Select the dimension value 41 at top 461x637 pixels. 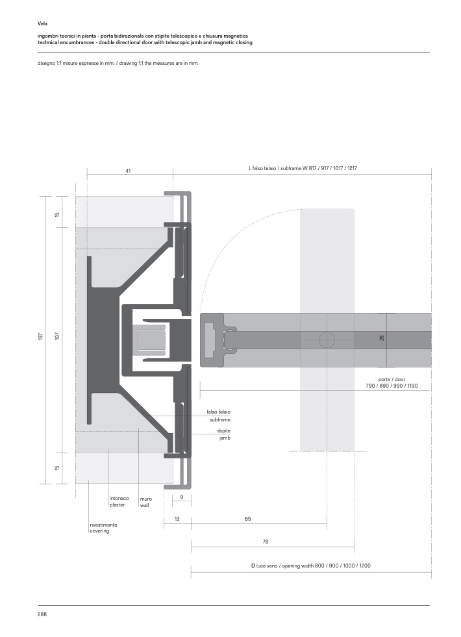click(x=128, y=170)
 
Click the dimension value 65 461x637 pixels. click(x=248, y=519)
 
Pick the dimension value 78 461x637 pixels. click(x=265, y=541)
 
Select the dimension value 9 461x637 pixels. click(x=182, y=497)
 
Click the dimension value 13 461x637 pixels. click(x=177, y=519)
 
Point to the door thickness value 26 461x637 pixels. click(x=382, y=338)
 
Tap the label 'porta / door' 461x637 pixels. click(x=392, y=379)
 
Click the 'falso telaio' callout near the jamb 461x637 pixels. click(x=219, y=412)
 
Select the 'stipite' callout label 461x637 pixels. click(x=224, y=431)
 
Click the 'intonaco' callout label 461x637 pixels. click(x=119, y=498)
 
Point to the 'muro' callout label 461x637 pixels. click(x=146, y=498)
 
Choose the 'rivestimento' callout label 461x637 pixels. click(x=103, y=524)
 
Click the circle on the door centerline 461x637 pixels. click(x=327, y=339)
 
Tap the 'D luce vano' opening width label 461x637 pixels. click(x=310, y=566)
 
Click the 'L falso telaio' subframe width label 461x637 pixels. click(x=303, y=168)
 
